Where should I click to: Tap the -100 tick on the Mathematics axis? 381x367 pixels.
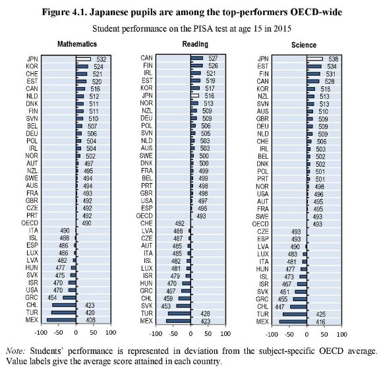(x=44, y=331)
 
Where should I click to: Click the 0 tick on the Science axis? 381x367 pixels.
(x=308, y=331)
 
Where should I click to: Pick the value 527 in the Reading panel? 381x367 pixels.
(x=214, y=58)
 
